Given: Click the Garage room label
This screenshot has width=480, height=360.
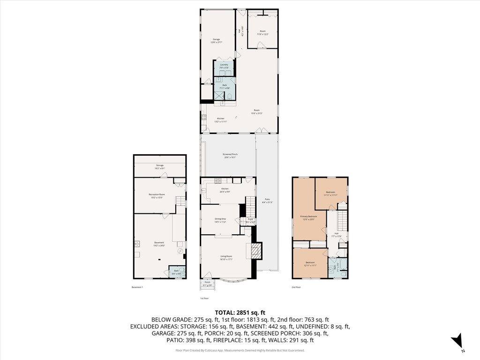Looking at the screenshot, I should point(216,41).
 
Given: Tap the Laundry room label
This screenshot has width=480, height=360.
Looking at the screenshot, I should point(224,66).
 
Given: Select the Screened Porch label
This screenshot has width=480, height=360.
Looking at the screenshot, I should point(229,156).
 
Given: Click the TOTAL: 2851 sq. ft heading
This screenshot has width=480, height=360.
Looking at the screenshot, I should point(240,312).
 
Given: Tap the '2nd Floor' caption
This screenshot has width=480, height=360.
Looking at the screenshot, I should point(296,287).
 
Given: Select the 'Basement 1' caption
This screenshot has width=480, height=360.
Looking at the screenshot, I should point(137,287).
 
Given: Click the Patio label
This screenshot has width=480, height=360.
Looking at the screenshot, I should point(267,202).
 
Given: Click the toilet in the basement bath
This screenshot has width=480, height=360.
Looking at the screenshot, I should point(183,271).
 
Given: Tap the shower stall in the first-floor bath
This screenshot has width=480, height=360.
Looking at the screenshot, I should point(219,96).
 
